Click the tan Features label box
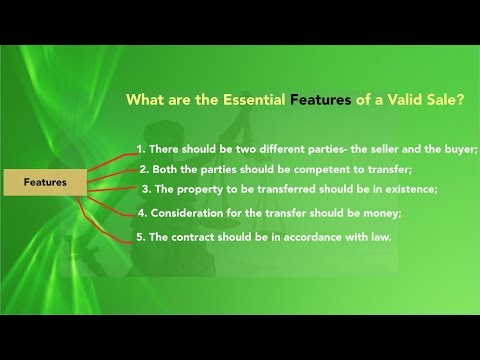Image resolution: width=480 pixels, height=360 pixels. click(47, 183)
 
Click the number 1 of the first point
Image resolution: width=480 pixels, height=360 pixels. click(140, 149)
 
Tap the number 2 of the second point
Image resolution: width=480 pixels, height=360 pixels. click(143, 168)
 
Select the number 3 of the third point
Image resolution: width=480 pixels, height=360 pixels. click(146, 188)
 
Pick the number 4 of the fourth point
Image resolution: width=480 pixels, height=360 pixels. click(141, 212)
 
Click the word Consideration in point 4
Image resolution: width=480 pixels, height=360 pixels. click(186, 212)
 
